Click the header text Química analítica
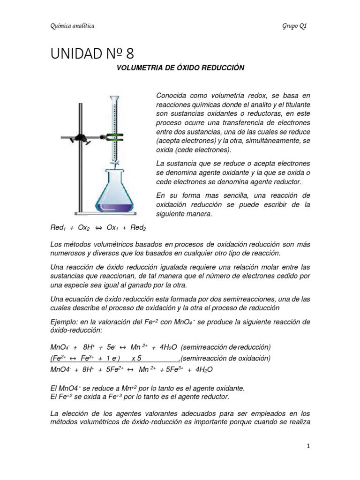(72, 26)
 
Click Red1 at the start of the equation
(58, 228)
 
